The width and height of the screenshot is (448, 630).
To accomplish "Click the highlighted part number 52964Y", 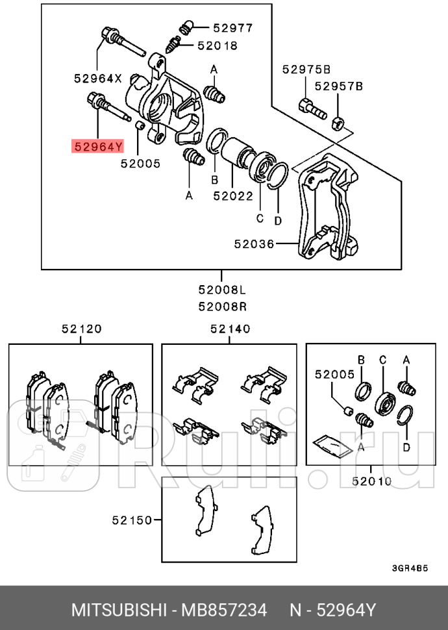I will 97,147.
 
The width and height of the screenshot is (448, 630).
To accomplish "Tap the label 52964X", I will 97,78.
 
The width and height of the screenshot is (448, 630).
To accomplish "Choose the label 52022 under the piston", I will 233,194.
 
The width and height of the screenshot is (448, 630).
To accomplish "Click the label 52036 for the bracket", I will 254,244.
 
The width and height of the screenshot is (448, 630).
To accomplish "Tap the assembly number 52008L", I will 223,290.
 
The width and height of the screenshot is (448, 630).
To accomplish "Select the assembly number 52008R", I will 223,306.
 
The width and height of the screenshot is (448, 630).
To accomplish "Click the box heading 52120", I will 82,329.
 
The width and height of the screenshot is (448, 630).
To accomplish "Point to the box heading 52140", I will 230,329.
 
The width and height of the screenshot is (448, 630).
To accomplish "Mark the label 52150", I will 131,520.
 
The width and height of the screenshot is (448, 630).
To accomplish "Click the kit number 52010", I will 372,481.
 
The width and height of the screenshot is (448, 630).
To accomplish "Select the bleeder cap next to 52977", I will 185,27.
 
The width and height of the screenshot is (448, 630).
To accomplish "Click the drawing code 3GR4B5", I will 410,567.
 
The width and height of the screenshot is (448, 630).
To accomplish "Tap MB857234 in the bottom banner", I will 225,611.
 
